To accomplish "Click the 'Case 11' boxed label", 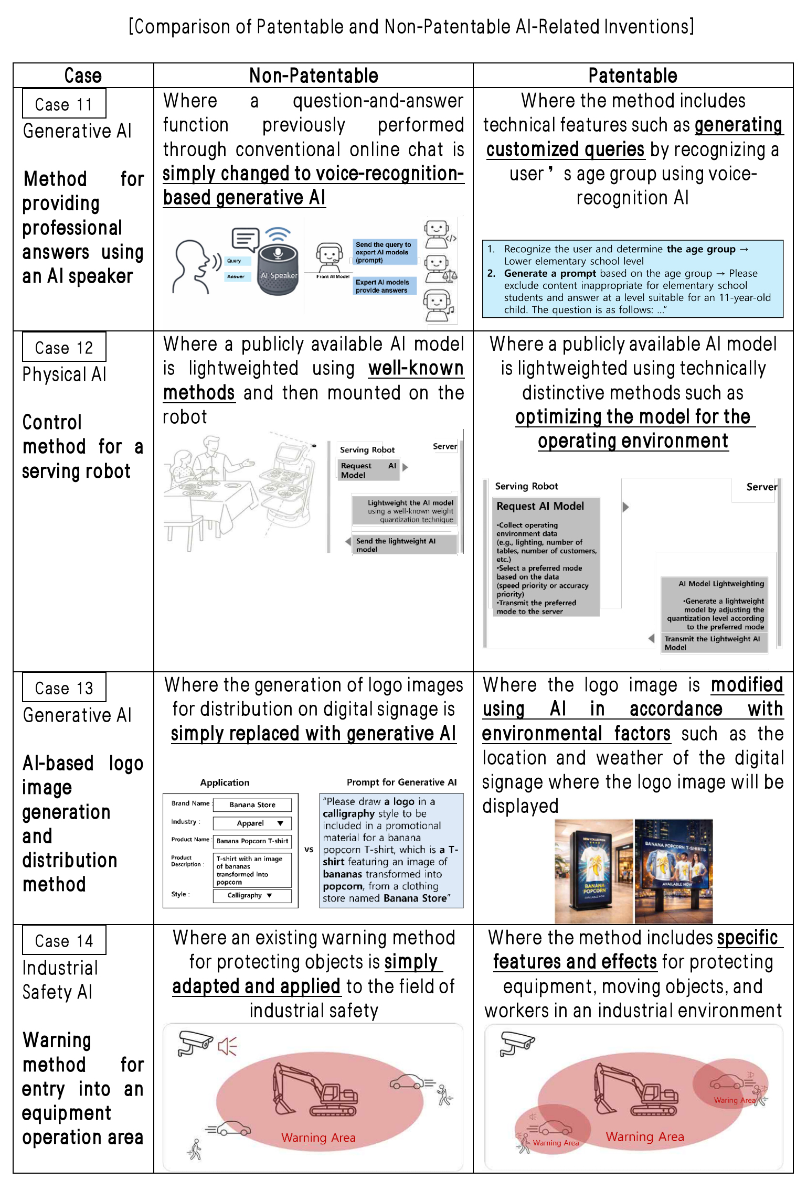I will pyautogui.click(x=64, y=104).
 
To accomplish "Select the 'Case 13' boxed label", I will pyautogui.click(x=64, y=688).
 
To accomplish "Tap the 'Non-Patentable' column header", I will pyautogui.click(x=313, y=76).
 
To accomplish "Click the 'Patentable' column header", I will pyautogui.click(x=632, y=76).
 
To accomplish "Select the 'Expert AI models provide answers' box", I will pyautogui.click(x=385, y=286).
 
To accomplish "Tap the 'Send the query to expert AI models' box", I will pyautogui.click(x=385, y=252).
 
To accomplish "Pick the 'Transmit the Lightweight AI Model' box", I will pyautogui.click(x=714, y=643).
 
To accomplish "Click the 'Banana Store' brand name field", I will pyautogui.click(x=252, y=804).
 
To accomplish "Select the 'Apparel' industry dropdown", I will pyautogui.click(x=252, y=823).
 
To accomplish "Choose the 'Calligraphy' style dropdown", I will pyautogui.click(x=251, y=895).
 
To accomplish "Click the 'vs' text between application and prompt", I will pyautogui.click(x=309, y=850).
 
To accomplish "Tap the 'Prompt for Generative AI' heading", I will pyautogui.click(x=401, y=782).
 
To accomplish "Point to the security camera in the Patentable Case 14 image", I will pyautogui.click(x=517, y=1044).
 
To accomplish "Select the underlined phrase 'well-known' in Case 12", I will pyautogui.click(x=416, y=368).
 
